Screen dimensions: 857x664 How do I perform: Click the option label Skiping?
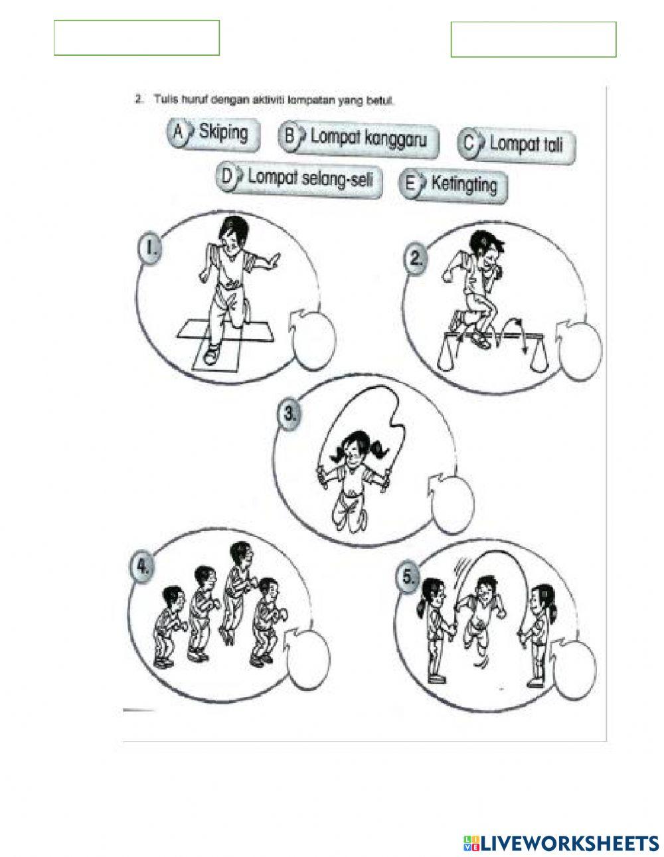pos(223,133)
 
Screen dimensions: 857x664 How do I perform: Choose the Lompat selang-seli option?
pos(309,178)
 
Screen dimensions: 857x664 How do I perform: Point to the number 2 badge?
pos(415,259)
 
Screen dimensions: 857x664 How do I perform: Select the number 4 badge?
pos(141,566)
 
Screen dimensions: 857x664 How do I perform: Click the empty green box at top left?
pos(137,37)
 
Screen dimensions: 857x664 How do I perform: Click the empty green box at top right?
pos(533,39)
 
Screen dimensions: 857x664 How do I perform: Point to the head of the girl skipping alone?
pos(351,452)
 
